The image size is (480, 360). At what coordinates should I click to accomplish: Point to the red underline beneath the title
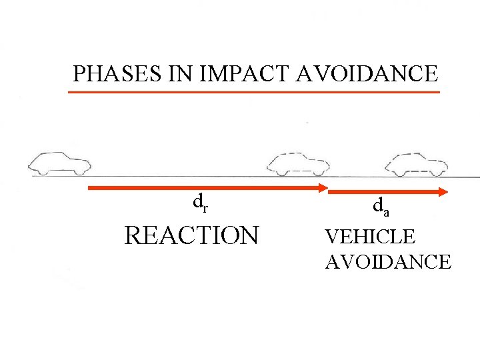click(254, 92)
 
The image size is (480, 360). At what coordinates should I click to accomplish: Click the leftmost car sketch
click(59, 163)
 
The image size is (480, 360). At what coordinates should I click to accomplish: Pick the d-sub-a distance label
click(380, 208)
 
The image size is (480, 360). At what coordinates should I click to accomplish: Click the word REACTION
click(191, 235)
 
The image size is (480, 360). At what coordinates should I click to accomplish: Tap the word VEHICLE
click(369, 236)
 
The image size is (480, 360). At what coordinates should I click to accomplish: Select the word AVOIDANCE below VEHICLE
click(387, 261)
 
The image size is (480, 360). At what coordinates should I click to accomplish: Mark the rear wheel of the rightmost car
click(399, 173)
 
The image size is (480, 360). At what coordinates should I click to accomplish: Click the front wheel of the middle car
click(319, 172)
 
